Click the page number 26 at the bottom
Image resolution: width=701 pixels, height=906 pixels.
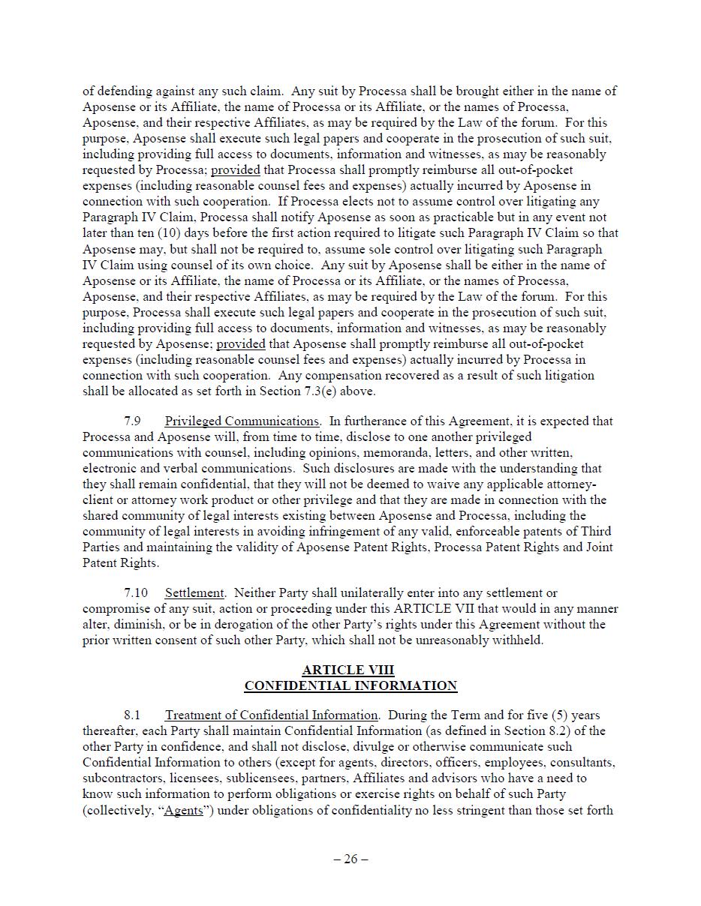point(350,859)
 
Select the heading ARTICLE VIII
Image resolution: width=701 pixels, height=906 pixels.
point(348,670)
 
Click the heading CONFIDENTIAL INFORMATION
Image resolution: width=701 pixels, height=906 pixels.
point(350,685)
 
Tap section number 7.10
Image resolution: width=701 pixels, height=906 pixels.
point(136,592)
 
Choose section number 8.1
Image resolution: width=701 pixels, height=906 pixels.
point(132,715)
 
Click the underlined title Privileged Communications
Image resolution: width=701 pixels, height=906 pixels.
point(242,421)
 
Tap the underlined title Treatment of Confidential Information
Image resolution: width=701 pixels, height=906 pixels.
point(271,715)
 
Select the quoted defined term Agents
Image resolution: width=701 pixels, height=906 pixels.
point(183,810)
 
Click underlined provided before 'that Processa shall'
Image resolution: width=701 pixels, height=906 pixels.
point(236,169)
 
